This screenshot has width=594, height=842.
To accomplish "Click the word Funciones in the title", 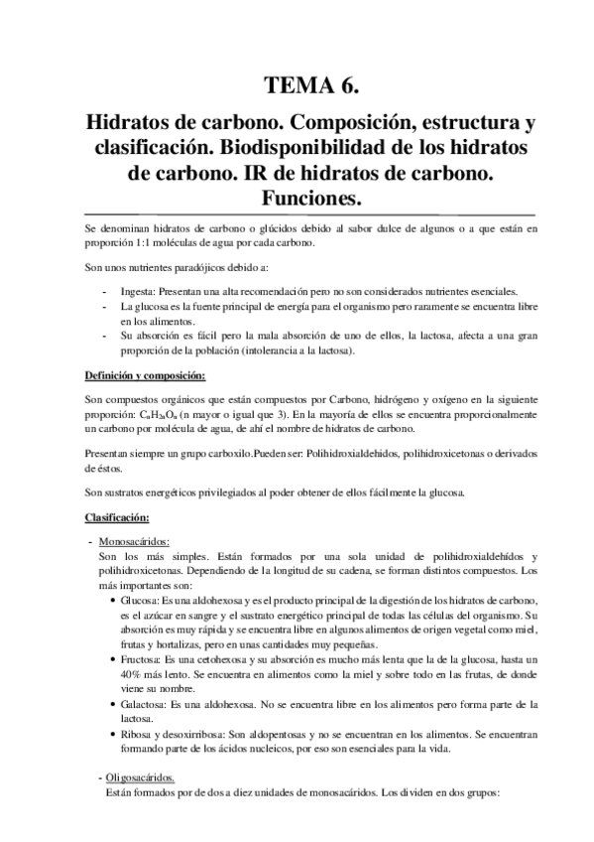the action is point(297,199).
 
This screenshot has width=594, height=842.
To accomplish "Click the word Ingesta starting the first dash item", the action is point(138,293).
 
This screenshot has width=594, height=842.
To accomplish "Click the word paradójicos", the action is point(203,269).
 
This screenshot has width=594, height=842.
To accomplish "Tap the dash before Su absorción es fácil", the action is point(105,337).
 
